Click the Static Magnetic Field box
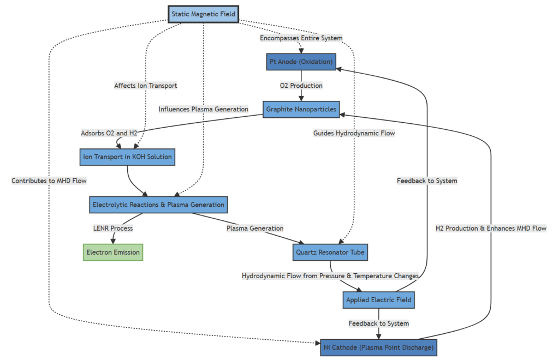point(203,14)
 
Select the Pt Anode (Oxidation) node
point(301,62)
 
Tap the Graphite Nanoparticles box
point(301,109)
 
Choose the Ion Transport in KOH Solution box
point(127,157)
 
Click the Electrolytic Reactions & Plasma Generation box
point(158,205)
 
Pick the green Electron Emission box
point(113,253)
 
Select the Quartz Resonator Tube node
point(330,253)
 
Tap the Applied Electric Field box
point(379,300)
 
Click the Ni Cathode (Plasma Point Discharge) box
point(379,347)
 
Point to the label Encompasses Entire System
point(301,38)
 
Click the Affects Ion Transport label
point(145,86)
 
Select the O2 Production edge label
point(301,86)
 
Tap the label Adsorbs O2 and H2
point(109,133)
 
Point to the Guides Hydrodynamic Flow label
point(354,133)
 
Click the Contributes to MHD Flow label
point(49,181)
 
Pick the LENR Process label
point(113,228)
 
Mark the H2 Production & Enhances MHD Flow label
point(491,228)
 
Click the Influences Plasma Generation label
point(203,109)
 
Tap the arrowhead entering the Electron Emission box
point(113,241)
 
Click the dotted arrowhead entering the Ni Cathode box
point(318,343)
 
